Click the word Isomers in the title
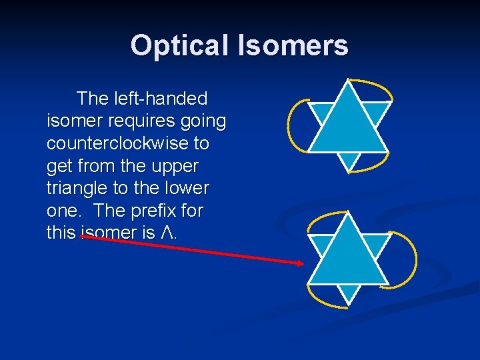(291, 46)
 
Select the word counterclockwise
(128, 143)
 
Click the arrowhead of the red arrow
(300, 263)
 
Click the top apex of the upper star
(347, 81)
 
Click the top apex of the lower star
(347, 215)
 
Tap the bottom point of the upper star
(349, 169)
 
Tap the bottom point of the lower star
(349, 302)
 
